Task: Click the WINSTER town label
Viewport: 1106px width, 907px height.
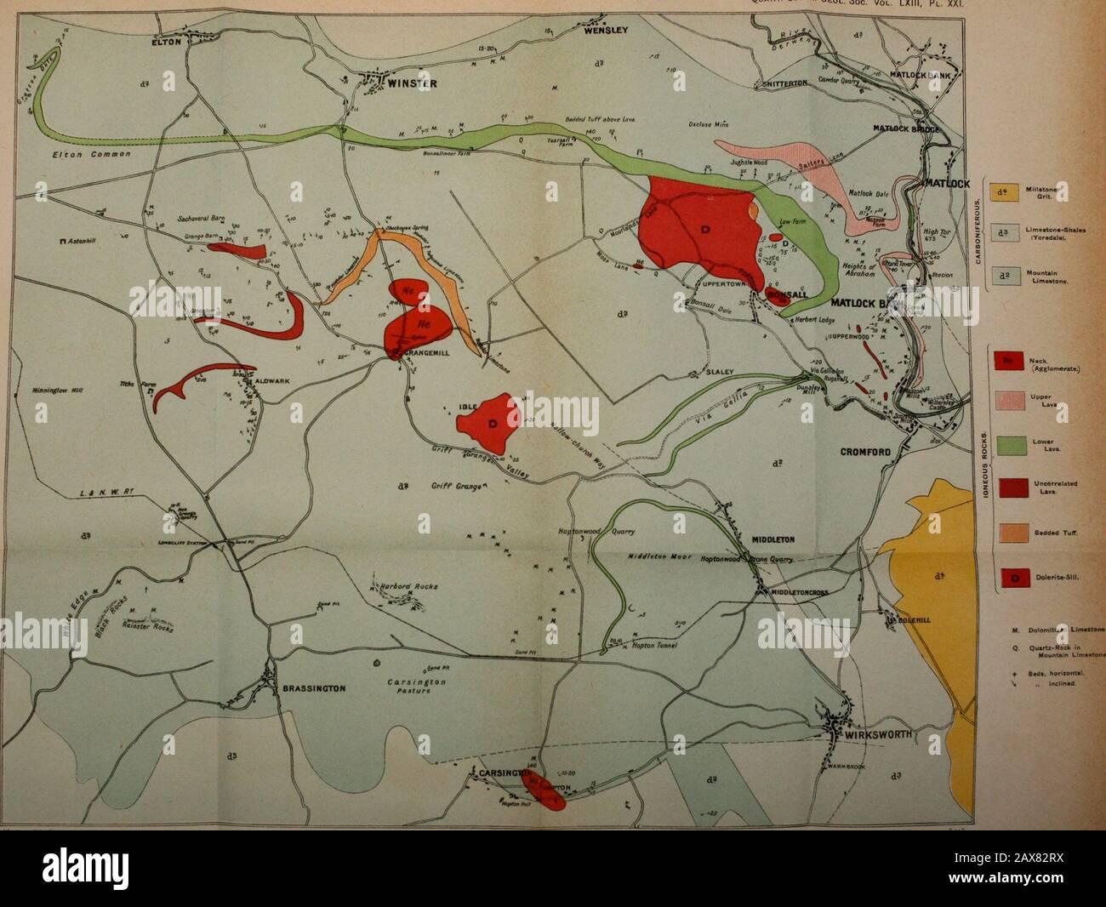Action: click(x=413, y=83)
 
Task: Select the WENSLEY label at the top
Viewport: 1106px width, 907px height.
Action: click(x=605, y=31)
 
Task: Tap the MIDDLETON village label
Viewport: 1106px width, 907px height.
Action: click(x=772, y=539)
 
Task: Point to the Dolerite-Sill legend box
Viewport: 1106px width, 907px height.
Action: click(x=1002, y=578)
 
